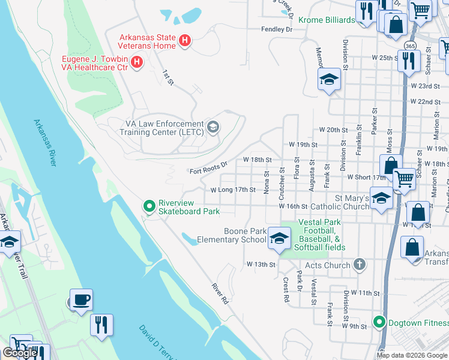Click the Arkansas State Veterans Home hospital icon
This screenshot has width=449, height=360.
(185, 41)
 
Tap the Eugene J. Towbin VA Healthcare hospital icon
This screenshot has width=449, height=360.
(137, 62)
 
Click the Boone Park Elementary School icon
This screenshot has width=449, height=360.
(278, 238)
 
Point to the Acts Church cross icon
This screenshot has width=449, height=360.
(359, 265)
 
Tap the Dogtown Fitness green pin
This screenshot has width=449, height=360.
(378, 323)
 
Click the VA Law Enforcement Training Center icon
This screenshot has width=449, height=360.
(212, 127)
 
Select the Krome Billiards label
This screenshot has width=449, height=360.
(327, 20)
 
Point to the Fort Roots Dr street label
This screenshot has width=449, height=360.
(209, 166)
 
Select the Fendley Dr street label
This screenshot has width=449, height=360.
(276, 29)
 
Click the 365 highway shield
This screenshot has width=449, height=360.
(410, 46)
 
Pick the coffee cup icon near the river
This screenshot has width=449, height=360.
(81, 299)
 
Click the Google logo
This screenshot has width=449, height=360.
(20, 353)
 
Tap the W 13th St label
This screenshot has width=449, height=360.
(261, 264)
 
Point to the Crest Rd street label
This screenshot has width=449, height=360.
(286, 289)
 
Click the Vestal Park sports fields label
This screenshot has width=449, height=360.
(323, 235)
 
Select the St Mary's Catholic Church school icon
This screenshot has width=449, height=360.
(381, 199)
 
